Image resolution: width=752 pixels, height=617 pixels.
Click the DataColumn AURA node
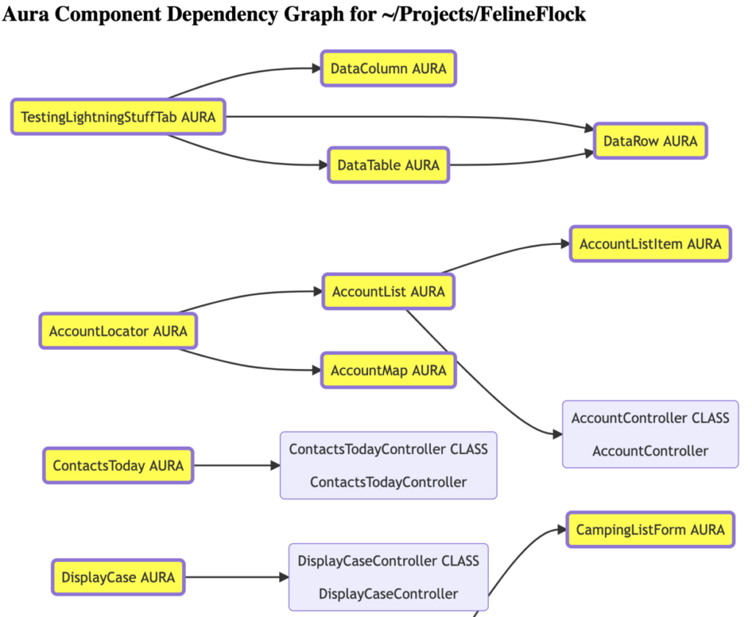[x=388, y=68]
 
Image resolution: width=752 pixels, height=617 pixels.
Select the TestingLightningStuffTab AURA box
[x=118, y=117]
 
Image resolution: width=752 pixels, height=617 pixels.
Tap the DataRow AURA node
[x=651, y=141]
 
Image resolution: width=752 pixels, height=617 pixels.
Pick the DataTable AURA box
[x=388, y=165]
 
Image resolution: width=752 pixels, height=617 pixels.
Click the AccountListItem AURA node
[x=651, y=244]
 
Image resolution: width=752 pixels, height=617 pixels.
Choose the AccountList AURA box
[x=388, y=291]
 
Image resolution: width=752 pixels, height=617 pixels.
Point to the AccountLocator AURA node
[x=118, y=331]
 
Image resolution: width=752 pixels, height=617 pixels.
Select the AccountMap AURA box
[x=388, y=370]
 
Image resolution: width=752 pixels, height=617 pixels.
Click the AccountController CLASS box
[x=651, y=434]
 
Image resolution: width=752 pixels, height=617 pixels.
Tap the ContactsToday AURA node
[x=118, y=465]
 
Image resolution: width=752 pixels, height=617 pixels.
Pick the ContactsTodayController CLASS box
[x=388, y=465]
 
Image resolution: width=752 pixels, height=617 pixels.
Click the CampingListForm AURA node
[x=651, y=530]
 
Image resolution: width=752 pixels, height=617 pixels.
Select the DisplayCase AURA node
[x=118, y=577]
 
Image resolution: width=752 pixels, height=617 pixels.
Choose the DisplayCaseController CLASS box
[x=388, y=577]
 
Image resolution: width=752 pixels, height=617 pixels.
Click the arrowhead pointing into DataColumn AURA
[x=317, y=68]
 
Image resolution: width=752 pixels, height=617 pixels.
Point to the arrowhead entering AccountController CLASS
[x=558, y=434]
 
